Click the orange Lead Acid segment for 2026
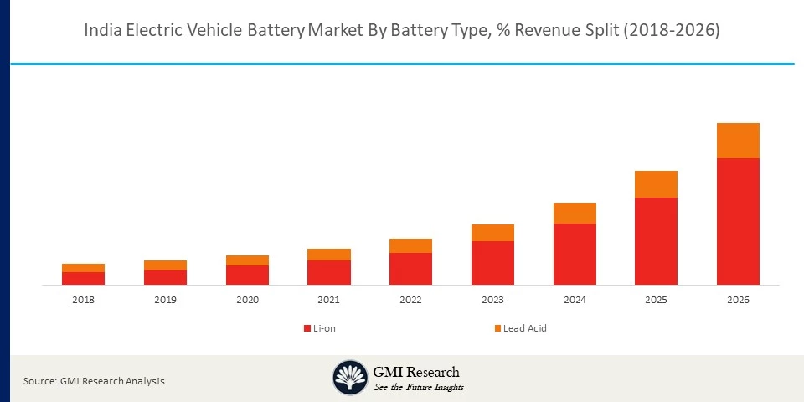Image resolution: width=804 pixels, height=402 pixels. click(738, 141)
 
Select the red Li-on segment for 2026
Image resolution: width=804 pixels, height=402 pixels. click(738, 221)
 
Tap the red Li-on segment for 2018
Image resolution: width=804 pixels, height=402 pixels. click(83, 278)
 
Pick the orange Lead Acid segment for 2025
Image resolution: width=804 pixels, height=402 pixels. click(656, 184)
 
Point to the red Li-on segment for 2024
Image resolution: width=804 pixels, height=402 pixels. click(575, 254)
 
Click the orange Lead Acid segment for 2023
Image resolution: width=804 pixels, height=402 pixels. click(492, 233)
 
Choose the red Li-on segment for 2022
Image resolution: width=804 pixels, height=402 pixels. click(410, 269)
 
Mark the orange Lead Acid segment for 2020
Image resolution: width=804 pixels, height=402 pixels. click(247, 260)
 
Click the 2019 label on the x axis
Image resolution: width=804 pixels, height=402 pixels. click(165, 300)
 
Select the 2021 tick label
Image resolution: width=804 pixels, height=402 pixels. click(329, 300)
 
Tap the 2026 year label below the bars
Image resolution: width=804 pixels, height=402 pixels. click(738, 300)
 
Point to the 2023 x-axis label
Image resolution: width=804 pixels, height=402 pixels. click(492, 300)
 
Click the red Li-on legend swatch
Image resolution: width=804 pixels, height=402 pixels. click(307, 328)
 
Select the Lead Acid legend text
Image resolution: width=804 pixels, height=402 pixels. click(525, 328)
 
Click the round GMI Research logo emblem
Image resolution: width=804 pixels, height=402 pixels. click(350, 377)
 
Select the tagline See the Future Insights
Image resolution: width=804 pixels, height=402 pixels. click(419, 387)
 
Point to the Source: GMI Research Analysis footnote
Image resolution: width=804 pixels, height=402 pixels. click(94, 381)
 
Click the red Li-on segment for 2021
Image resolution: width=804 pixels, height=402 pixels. click(329, 272)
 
